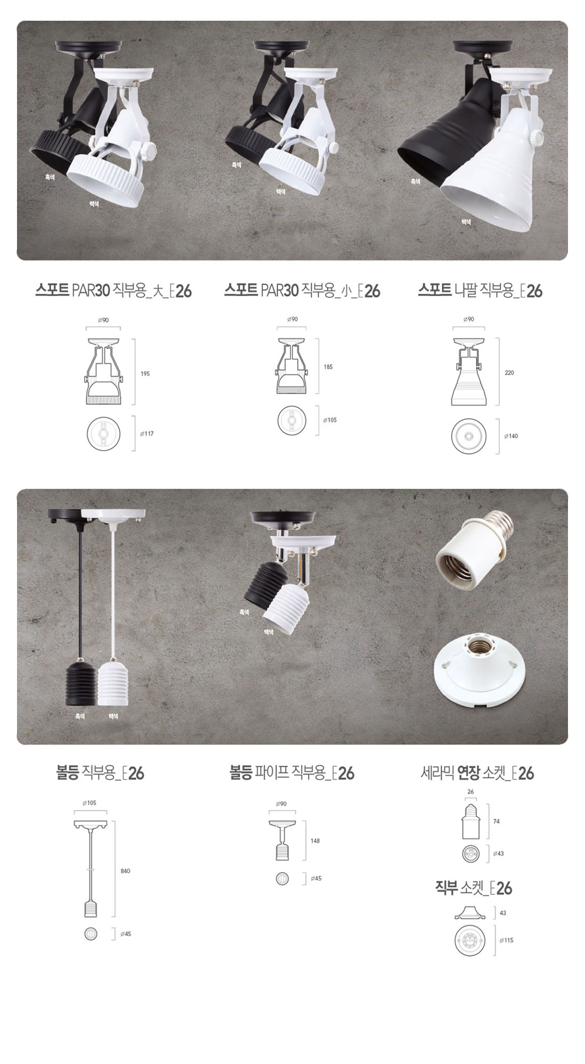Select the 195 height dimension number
(145, 373)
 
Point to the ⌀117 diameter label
(147, 434)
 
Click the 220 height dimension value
(509, 372)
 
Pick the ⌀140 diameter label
(511, 436)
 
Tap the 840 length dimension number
(125, 871)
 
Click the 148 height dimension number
(315, 841)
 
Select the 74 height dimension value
(496, 821)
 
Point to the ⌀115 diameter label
(507, 940)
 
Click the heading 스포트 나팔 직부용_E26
(480, 290)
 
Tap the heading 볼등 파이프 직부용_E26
(292, 772)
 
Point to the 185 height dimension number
(328, 367)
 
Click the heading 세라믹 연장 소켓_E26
(477, 772)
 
